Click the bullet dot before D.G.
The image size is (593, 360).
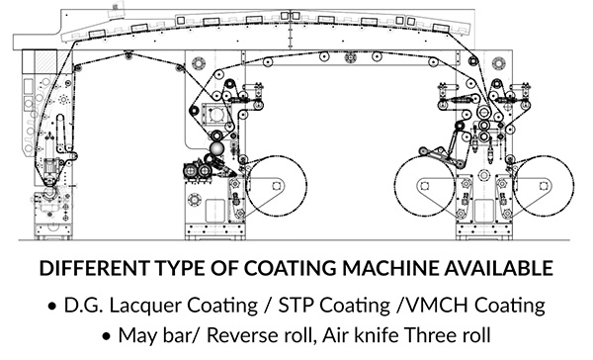[52, 306]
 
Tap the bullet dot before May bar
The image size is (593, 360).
[107, 336]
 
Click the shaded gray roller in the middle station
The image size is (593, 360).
[216, 148]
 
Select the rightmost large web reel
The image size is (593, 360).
[544, 186]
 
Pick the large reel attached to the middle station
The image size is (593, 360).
[276, 186]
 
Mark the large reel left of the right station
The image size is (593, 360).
[424, 186]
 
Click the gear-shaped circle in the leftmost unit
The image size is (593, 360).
[63, 100]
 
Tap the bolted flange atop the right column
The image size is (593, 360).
[498, 63]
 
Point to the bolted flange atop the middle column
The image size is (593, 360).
[199, 63]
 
